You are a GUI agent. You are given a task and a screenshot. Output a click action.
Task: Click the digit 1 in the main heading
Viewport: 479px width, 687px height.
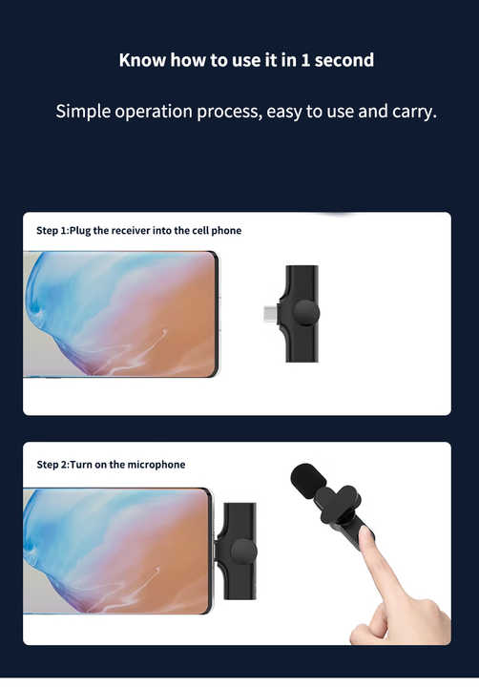coord(305,60)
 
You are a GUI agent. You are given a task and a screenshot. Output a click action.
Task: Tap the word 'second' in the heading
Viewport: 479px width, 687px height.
coord(344,60)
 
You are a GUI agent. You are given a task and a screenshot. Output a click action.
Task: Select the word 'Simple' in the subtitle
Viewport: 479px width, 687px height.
coord(82,112)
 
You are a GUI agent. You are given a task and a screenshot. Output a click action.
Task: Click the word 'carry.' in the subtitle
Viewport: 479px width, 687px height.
coord(414,112)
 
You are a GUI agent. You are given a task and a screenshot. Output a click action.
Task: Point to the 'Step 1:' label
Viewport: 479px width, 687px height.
coord(52,231)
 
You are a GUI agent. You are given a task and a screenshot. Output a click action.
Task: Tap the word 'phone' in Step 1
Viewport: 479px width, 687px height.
coord(226,231)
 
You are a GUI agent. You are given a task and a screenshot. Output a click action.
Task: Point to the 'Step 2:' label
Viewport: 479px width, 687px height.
coord(53,465)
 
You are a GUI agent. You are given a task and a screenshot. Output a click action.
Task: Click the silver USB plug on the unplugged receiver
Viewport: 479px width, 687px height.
coord(270,314)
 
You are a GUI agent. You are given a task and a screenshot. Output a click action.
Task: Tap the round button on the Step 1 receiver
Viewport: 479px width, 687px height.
coord(306,313)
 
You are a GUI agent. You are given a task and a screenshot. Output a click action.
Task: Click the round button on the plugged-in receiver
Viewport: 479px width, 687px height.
coord(243,552)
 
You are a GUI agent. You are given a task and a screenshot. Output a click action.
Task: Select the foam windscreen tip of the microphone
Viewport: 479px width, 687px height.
coord(307,480)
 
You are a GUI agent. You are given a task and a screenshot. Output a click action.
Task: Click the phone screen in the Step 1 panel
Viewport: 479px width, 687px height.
coord(120,314)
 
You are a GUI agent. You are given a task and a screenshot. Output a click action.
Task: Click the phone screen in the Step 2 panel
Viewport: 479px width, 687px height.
coord(116,551)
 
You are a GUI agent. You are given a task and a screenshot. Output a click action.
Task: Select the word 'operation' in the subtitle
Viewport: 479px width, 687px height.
coord(154,113)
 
